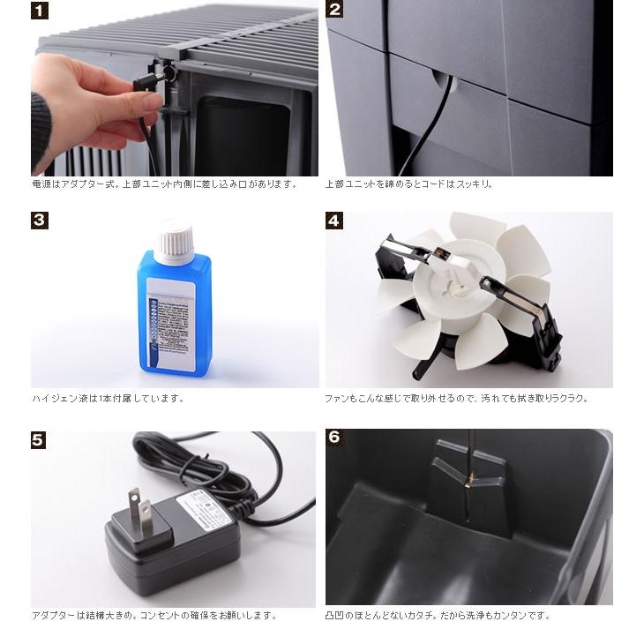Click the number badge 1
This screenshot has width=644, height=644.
click(x=40, y=11)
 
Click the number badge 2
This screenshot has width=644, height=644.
click(x=334, y=11)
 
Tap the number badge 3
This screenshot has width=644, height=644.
click(x=40, y=221)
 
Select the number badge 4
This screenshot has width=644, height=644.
click(x=334, y=221)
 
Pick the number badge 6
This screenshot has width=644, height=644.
click(x=334, y=438)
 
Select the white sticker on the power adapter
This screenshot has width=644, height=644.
click(x=205, y=510)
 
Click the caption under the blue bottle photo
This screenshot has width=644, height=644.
click(x=108, y=398)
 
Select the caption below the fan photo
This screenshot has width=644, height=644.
click(x=456, y=398)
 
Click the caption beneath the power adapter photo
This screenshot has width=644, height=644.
click(x=154, y=615)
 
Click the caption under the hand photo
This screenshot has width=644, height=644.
click(x=164, y=184)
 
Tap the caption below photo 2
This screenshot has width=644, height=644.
click(x=409, y=184)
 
